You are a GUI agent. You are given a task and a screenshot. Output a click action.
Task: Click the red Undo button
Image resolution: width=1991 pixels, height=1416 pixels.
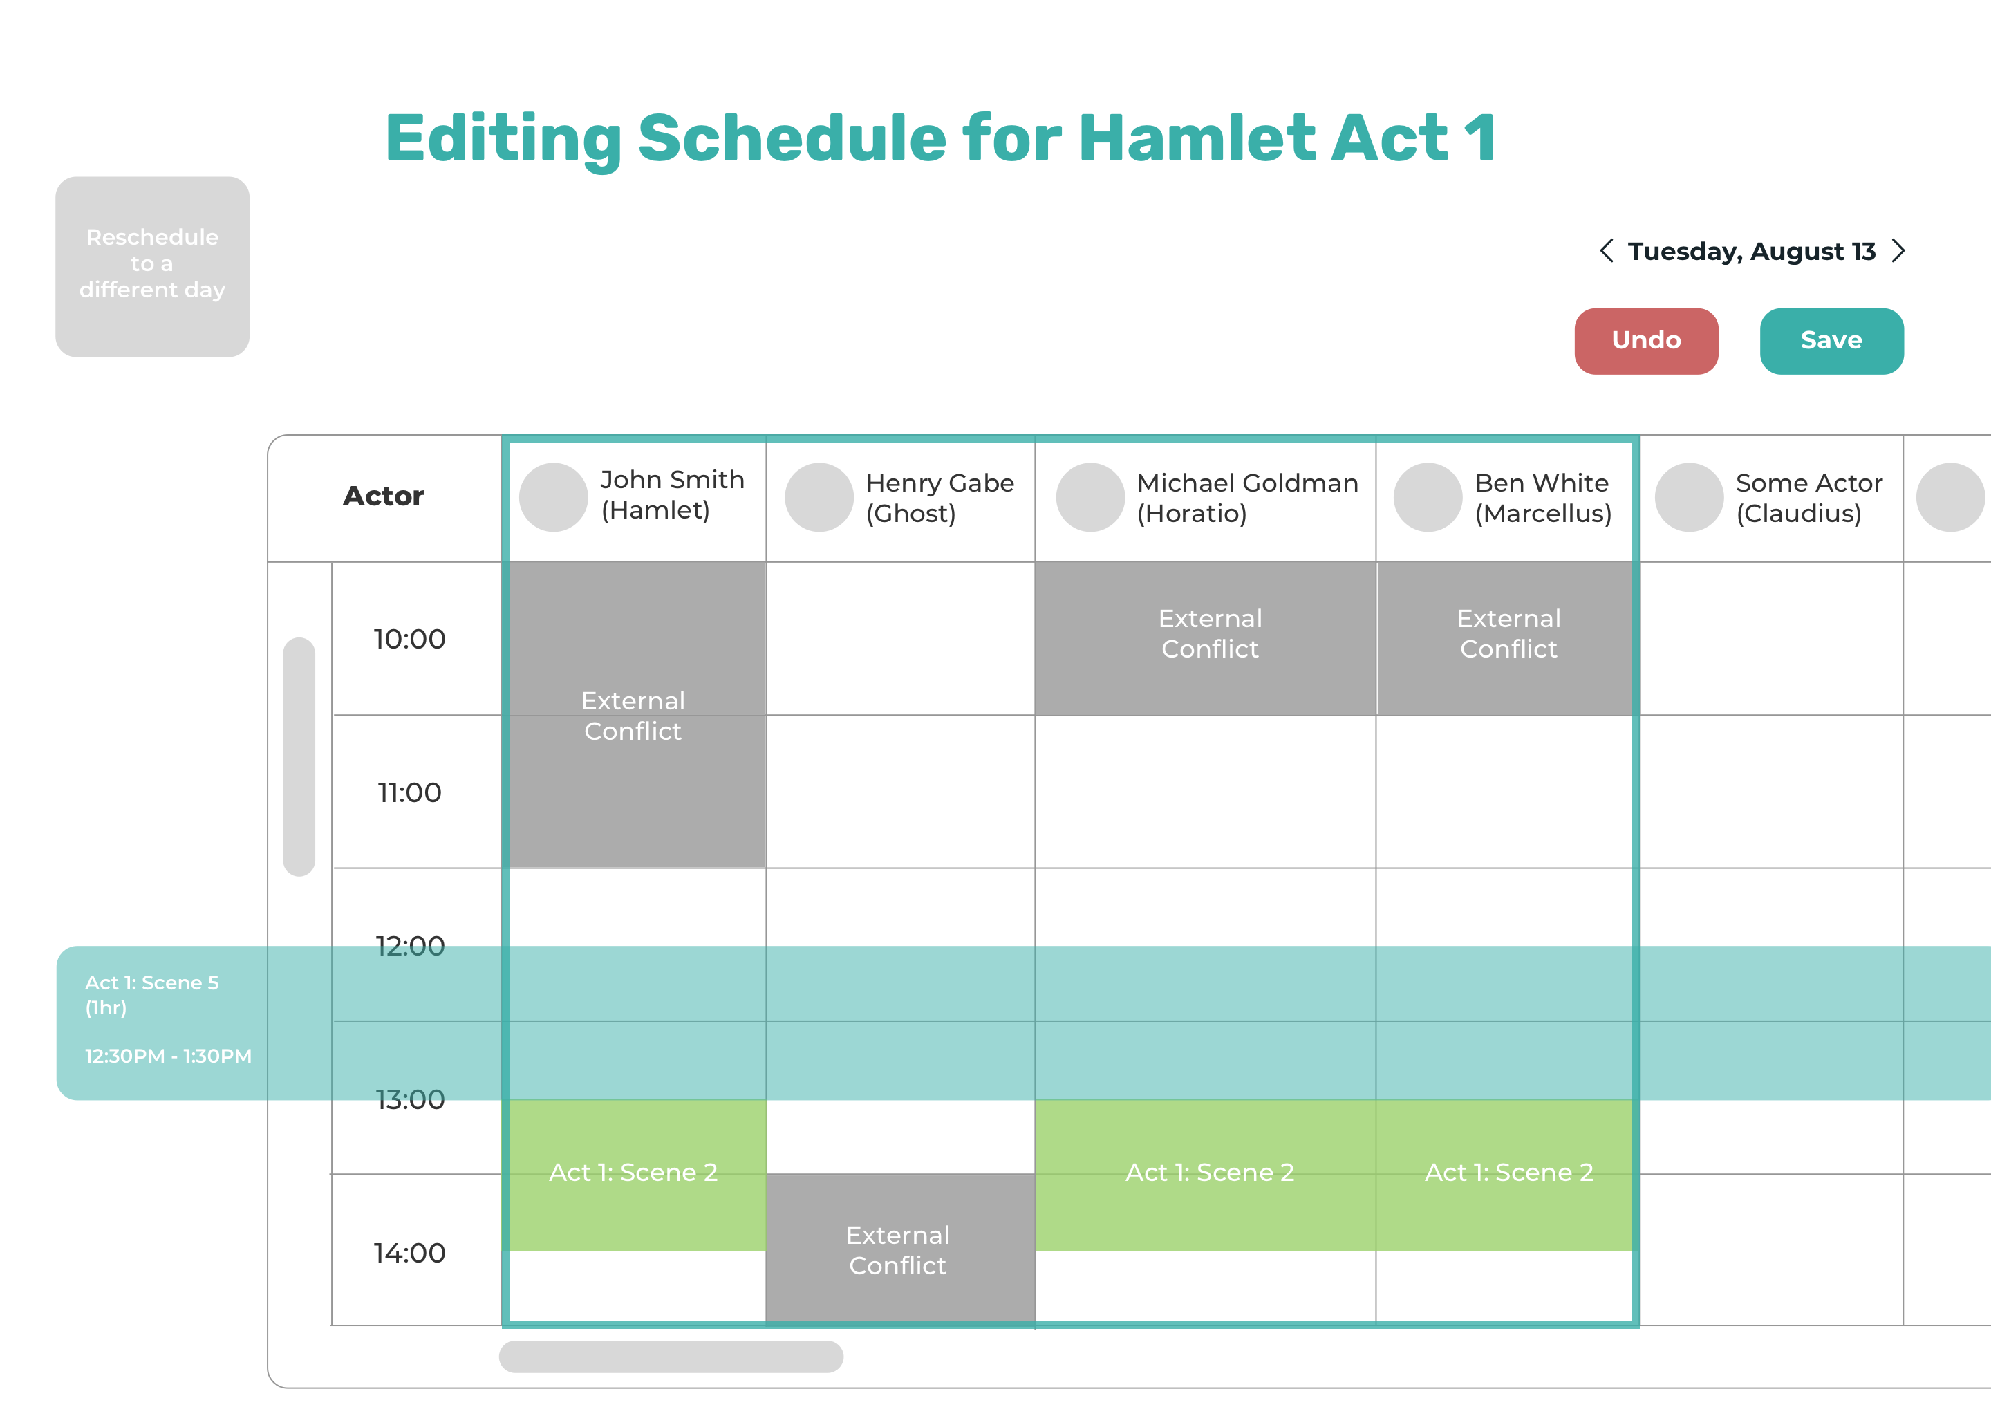pyautogui.click(x=1646, y=341)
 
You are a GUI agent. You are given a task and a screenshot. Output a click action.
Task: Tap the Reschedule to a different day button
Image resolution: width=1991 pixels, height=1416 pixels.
pyautogui.click(x=153, y=267)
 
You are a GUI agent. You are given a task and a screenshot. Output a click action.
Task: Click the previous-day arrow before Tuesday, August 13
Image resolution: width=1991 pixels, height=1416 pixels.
pyautogui.click(x=1607, y=251)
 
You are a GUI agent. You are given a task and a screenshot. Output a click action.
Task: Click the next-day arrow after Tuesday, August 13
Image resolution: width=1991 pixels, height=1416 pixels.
pyautogui.click(x=1898, y=251)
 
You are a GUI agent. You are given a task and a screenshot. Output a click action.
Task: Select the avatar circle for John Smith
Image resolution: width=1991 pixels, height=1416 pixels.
pyautogui.click(x=554, y=497)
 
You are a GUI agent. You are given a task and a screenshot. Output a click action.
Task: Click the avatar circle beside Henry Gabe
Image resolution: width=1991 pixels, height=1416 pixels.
pyautogui.click(x=819, y=497)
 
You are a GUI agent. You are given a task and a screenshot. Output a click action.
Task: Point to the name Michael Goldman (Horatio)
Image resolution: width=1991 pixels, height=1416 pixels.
pyautogui.click(x=1247, y=498)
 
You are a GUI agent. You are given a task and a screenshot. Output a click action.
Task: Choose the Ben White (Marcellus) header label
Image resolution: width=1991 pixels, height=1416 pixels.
pyautogui.click(x=1543, y=498)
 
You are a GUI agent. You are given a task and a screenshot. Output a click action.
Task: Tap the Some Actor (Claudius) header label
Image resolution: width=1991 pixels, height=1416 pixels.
pyautogui.click(x=1808, y=498)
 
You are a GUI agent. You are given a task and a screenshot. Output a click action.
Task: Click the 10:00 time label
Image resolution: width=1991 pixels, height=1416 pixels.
pyautogui.click(x=410, y=639)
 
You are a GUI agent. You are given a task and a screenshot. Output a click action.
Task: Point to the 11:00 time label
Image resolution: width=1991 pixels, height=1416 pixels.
pyautogui.click(x=410, y=792)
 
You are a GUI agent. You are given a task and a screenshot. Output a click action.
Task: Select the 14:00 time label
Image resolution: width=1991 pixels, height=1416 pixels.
pyautogui.click(x=410, y=1253)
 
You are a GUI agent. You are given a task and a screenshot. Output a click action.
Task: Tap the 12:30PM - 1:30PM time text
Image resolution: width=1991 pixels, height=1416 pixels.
pyautogui.click(x=168, y=1056)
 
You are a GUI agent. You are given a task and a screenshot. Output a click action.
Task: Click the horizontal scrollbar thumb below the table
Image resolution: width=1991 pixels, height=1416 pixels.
pyautogui.click(x=671, y=1357)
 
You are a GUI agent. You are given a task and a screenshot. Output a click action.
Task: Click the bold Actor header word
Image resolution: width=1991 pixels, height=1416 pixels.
pyautogui.click(x=384, y=496)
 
